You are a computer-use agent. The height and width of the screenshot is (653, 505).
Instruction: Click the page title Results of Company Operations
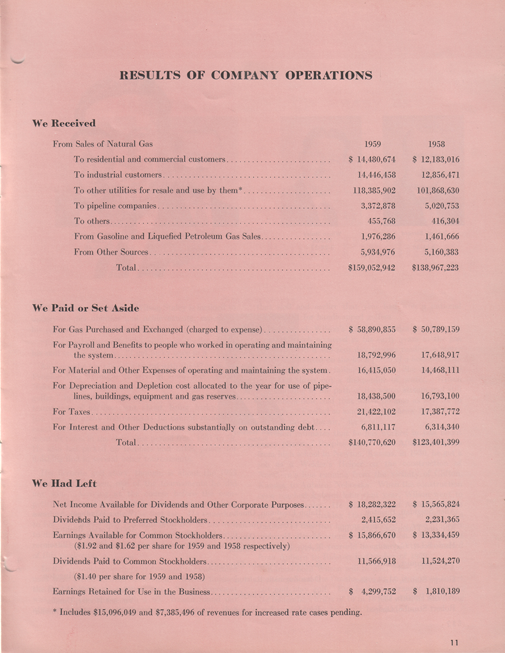pyautogui.click(x=246, y=75)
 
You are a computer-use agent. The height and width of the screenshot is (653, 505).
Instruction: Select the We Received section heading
pyautogui.click(x=64, y=123)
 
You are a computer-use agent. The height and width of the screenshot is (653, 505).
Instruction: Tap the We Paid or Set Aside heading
pyautogui.click(x=85, y=308)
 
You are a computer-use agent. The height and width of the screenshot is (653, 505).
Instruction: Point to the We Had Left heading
pyautogui.click(x=64, y=484)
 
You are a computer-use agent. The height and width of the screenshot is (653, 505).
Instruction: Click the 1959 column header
pyautogui.click(x=372, y=144)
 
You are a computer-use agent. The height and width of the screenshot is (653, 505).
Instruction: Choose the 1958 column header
pyautogui.click(x=436, y=144)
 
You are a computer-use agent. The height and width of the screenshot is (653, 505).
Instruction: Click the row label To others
pyautogui.click(x=91, y=221)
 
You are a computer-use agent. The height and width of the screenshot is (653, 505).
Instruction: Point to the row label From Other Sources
pyautogui.click(x=111, y=252)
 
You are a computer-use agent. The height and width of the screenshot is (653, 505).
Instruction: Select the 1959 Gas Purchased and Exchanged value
pyautogui.click(x=372, y=329)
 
